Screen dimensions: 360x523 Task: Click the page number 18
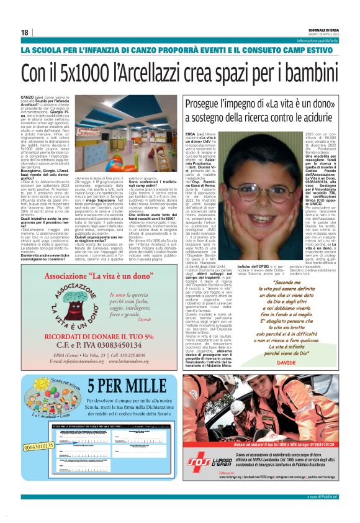24,32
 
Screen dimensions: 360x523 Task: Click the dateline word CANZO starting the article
28,98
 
